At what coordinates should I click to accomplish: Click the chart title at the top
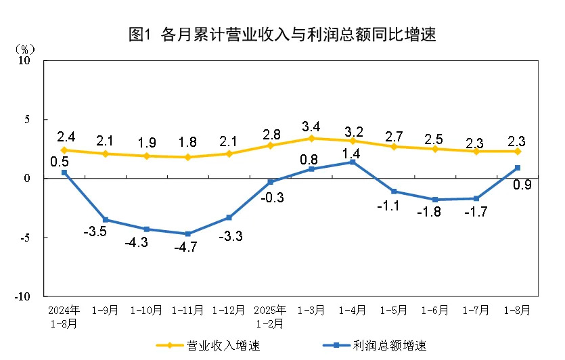[281, 35]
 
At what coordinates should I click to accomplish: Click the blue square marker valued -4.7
[187, 234]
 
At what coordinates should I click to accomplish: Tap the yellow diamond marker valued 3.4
[311, 138]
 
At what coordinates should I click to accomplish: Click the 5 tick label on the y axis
[28, 120]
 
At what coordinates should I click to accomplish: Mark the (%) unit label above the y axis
[24, 49]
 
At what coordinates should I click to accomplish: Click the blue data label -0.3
[270, 197]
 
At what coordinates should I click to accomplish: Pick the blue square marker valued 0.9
[517, 168]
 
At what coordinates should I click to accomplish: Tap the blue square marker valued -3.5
[105, 220]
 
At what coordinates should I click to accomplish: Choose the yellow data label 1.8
[187, 143]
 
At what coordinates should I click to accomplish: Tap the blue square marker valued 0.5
[64, 173]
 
